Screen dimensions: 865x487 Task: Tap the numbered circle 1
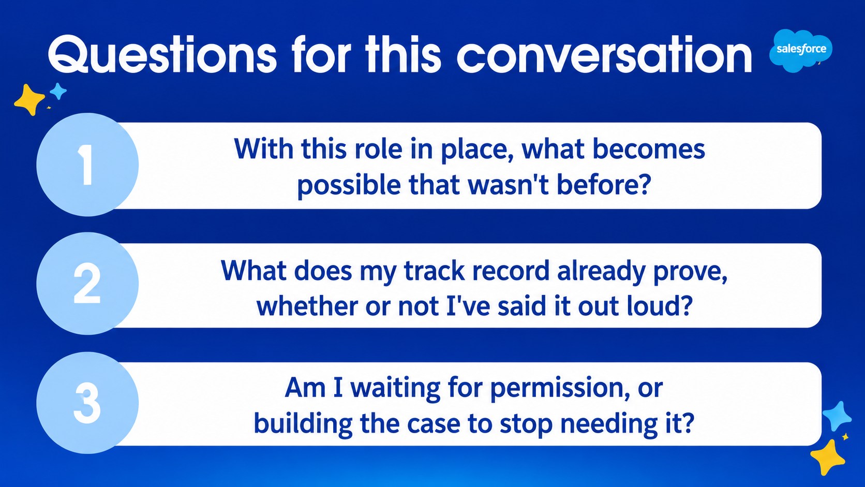pos(87,165)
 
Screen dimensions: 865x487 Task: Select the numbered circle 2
pos(87,284)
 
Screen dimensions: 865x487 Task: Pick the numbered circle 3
pos(87,403)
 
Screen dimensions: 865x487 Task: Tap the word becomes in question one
pos(649,149)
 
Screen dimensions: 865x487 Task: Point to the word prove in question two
pos(690,272)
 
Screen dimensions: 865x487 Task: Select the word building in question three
pos(303,424)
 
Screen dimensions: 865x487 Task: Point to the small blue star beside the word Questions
pos(58,92)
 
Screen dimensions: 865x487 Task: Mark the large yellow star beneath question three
pos(828,458)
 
